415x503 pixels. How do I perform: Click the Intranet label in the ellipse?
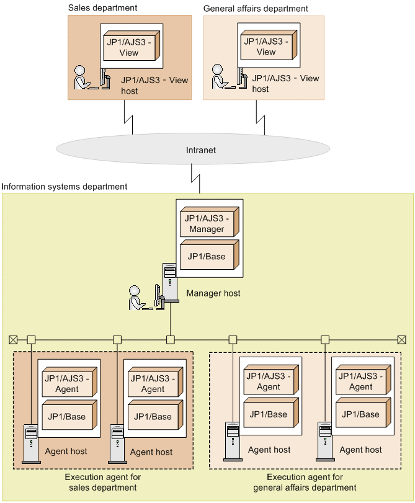click(201, 150)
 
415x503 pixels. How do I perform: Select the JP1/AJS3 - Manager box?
click(207, 223)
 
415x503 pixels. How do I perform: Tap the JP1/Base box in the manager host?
click(207, 256)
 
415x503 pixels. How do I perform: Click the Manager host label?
click(213, 293)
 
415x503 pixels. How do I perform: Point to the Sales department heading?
click(102, 8)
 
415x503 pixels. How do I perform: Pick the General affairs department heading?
click(256, 9)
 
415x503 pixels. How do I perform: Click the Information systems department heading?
click(65, 186)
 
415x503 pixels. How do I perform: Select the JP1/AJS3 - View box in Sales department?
click(129, 47)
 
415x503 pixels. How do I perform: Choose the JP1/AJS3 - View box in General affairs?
click(266, 47)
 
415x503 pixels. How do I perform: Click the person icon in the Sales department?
click(81, 78)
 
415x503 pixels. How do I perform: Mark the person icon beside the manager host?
click(136, 297)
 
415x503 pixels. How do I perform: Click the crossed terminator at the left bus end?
click(13, 339)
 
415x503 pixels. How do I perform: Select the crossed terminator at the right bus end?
click(401, 339)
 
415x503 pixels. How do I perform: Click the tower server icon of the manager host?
click(170, 283)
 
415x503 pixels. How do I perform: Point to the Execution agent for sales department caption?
click(103, 483)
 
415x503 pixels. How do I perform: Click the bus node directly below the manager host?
click(171, 339)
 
